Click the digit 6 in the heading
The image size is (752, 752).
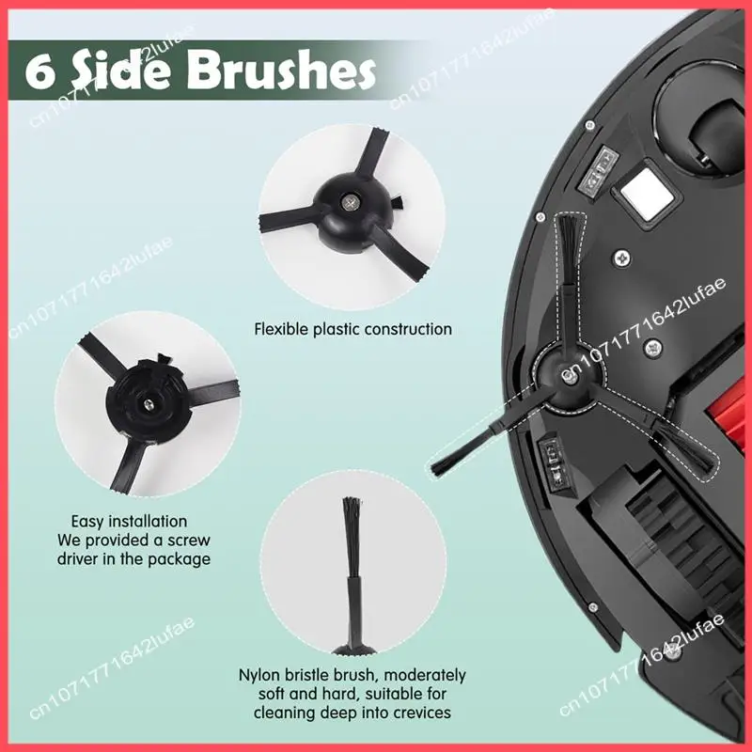(39, 72)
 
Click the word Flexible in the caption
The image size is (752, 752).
(281, 330)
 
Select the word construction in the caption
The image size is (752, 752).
(408, 330)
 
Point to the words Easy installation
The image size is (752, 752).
(129, 522)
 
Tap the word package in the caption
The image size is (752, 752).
(180, 559)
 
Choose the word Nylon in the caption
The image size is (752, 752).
(259, 675)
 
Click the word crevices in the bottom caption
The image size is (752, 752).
(421, 713)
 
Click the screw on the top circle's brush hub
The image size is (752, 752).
(349, 202)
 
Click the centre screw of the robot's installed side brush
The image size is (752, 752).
(569, 378)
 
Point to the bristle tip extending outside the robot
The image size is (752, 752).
(439, 466)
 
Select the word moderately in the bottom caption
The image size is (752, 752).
(425, 675)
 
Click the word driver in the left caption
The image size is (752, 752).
(77, 559)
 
